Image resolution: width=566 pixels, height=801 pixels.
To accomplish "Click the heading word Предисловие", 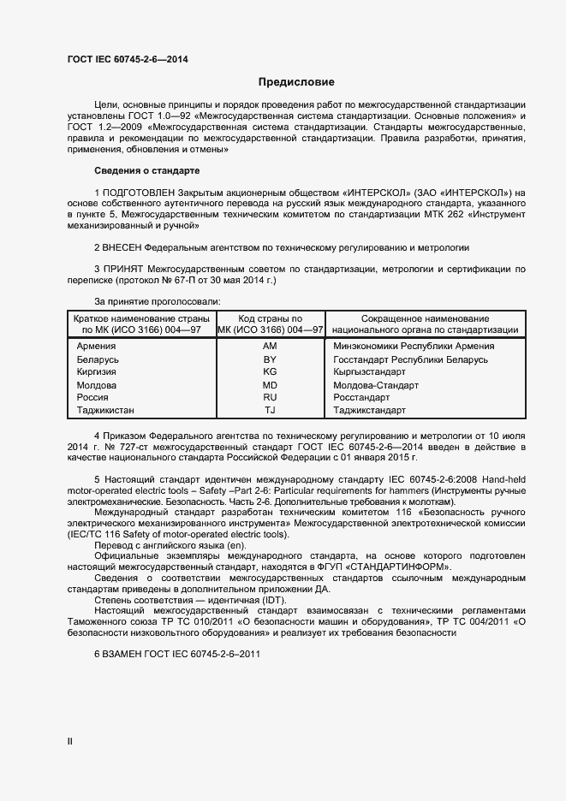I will (x=296, y=82).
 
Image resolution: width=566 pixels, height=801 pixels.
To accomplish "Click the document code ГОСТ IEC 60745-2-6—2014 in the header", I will (x=128, y=59).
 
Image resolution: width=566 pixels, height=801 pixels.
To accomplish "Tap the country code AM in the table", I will (x=270, y=346).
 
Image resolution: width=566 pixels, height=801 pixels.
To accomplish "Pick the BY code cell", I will (x=270, y=359).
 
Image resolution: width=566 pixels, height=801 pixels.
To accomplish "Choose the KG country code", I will (x=270, y=372).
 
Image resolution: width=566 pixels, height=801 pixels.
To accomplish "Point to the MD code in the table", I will (x=270, y=385).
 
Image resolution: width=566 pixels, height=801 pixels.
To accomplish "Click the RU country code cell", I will (x=270, y=398).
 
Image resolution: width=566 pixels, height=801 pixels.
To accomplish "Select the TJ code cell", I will (x=270, y=411).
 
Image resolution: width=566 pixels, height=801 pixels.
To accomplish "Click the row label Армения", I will (x=96, y=346).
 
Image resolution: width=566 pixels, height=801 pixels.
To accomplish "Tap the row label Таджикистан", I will (x=105, y=411).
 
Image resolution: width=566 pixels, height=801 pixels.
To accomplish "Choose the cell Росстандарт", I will (x=361, y=398).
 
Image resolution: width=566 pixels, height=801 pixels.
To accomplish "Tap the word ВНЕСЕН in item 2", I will (x=122, y=247).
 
